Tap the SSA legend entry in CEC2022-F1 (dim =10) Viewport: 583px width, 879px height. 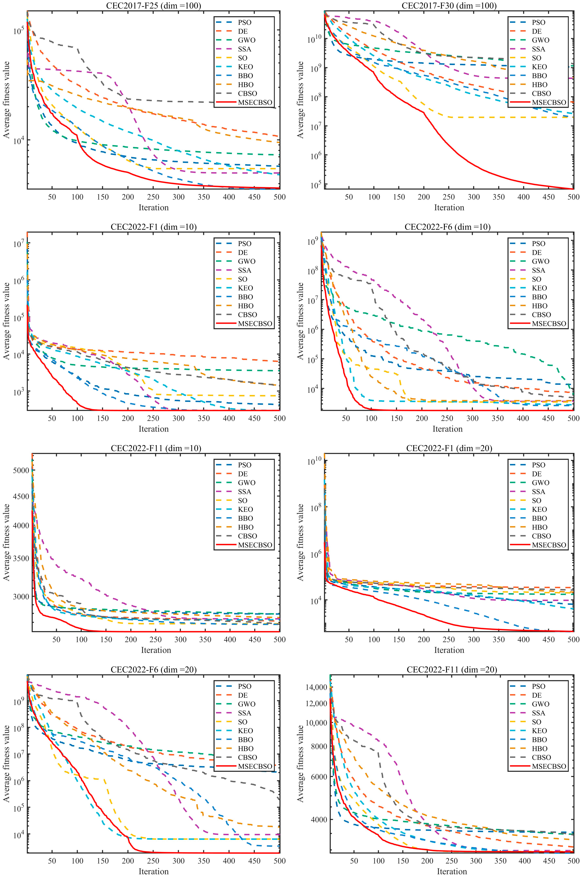click(244, 270)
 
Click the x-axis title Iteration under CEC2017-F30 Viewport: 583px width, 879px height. click(449, 207)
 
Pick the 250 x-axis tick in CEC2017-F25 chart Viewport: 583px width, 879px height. click(153, 197)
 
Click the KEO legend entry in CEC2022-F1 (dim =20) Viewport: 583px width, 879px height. click(539, 509)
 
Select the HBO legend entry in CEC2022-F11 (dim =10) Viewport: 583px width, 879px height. click(245, 527)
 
